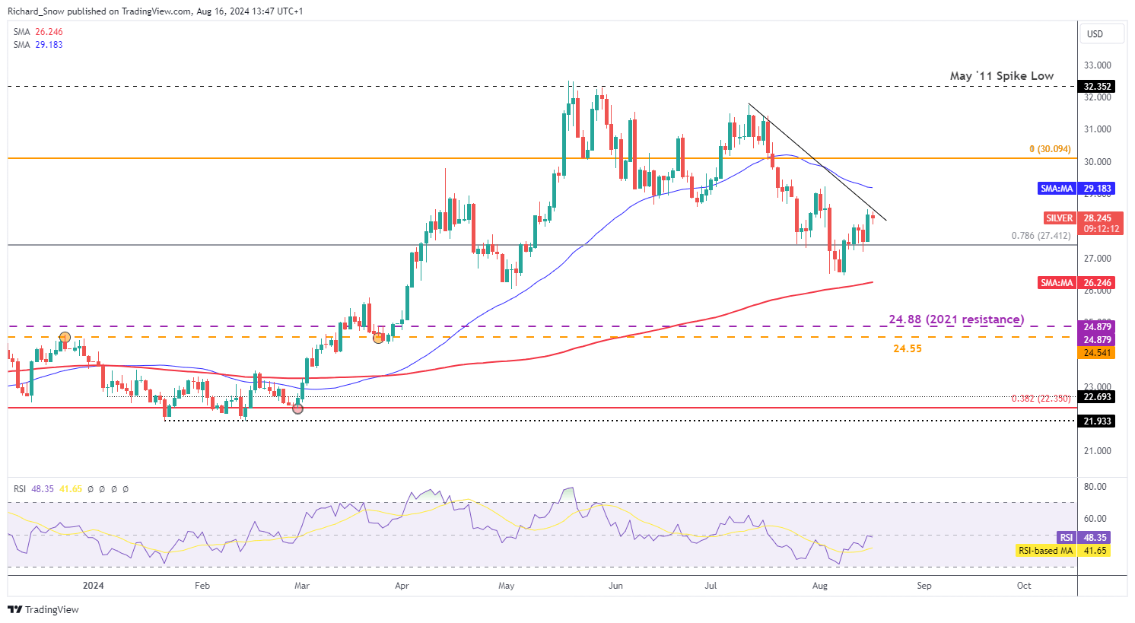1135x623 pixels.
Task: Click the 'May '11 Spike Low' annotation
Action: click(x=1001, y=76)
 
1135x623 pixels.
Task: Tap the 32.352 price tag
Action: click(x=1097, y=87)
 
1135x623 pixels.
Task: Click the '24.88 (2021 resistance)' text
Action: click(x=956, y=319)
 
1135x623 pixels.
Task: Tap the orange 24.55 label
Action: click(x=907, y=348)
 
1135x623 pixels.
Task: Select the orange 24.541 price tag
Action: click(x=1096, y=353)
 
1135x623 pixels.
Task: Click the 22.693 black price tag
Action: click(x=1097, y=397)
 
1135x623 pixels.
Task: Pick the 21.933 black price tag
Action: click(x=1097, y=421)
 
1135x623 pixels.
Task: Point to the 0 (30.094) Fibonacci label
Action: click(x=1050, y=149)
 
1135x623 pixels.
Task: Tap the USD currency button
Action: click(x=1095, y=33)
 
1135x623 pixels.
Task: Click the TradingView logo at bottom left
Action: click(x=43, y=609)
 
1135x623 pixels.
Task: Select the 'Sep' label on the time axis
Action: click(x=924, y=586)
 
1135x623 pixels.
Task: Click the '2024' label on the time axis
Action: click(x=94, y=586)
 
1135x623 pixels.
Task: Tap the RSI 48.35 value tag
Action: click(x=1083, y=537)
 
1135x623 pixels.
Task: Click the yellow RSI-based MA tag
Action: click(x=1062, y=550)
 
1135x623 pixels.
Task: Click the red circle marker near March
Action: click(x=297, y=408)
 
